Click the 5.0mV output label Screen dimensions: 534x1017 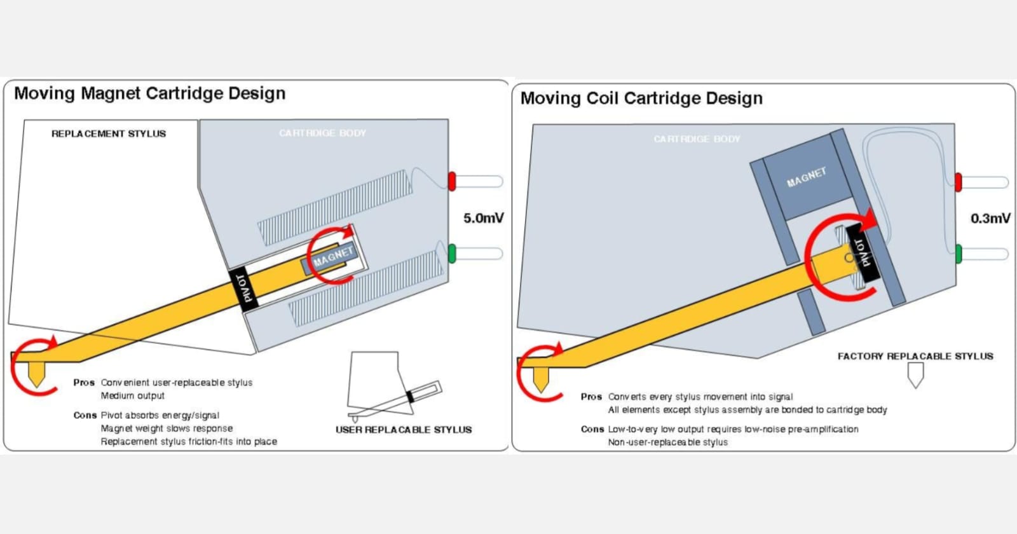pyautogui.click(x=483, y=218)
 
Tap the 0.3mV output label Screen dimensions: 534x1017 pyautogui.click(x=990, y=218)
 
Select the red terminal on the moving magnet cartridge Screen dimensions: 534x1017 pyautogui.click(x=452, y=181)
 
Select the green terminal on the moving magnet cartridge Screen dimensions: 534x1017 pyautogui.click(x=452, y=253)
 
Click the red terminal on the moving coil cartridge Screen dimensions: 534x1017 pyautogui.click(x=958, y=182)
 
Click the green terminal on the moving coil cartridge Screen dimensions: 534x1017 pyautogui.click(x=958, y=254)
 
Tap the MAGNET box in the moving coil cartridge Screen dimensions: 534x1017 pyautogui.click(x=806, y=177)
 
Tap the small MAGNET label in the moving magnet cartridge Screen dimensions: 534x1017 pyautogui.click(x=332, y=257)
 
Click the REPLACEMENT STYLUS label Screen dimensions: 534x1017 pyautogui.click(x=109, y=133)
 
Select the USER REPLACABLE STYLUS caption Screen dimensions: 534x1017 pyautogui.click(x=404, y=430)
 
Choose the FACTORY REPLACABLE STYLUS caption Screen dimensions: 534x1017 pyautogui.click(x=915, y=356)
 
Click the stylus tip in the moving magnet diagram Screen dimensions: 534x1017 pyautogui.click(x=36, y=376)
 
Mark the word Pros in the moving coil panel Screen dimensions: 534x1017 pyautogui.click(x=590, y=397)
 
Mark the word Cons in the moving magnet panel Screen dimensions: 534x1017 pyautogui.click(x=85, y=415)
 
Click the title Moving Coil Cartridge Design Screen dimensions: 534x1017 pyautogui.click(x=641, y=99)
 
